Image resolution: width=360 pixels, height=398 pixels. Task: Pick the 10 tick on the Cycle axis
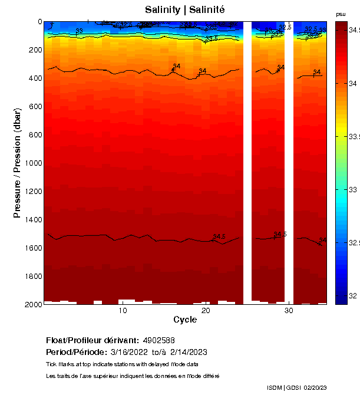point(123,310)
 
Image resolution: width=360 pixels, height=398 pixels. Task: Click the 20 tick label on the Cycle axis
point(206,310)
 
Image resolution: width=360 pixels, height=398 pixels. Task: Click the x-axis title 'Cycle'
point(185,320)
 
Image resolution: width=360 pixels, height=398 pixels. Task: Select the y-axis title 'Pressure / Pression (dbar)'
point(17,163)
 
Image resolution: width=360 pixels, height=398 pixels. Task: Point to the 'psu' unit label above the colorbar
point(341,14)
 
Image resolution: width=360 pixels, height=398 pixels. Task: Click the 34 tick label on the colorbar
point(352,84)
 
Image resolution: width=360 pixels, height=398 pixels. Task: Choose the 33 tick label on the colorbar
point(352,189)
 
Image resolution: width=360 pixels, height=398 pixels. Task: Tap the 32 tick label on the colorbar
point(352,295)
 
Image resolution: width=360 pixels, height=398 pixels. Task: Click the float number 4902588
point(158,340)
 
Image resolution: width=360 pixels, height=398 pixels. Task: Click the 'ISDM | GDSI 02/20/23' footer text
point(296,387)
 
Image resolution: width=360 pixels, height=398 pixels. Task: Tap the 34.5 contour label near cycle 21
point(219,237)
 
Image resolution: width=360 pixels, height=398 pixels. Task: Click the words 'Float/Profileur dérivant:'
point(92,340)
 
